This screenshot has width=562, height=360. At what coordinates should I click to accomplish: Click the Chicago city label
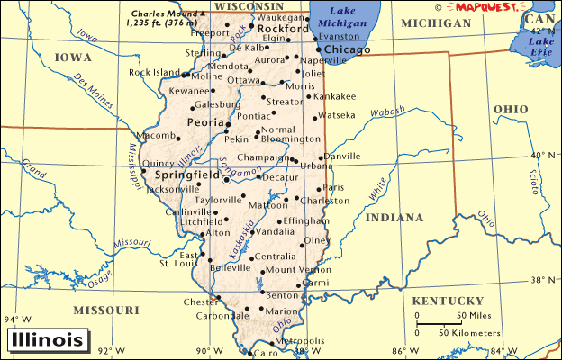[347, 49]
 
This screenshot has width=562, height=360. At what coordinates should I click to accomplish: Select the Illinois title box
[50, 340]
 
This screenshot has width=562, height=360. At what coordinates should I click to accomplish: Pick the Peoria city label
[204, 121]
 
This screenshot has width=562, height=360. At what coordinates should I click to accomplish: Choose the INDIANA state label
[394, 217]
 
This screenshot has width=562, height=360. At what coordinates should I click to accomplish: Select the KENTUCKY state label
[448, 300]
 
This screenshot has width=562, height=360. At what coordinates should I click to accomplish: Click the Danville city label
[341, 157]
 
